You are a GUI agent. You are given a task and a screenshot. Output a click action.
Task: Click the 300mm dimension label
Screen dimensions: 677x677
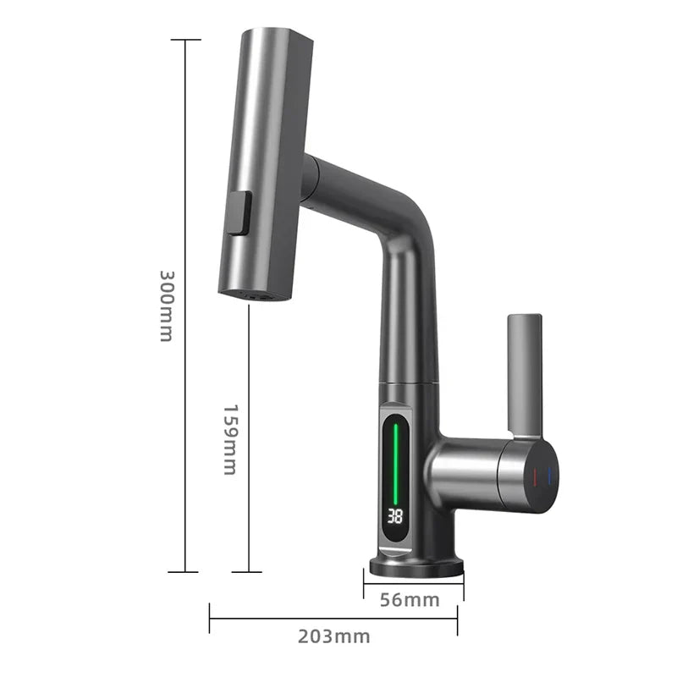pos(166,305)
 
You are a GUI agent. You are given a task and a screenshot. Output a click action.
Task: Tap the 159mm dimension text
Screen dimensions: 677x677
pos(229,438)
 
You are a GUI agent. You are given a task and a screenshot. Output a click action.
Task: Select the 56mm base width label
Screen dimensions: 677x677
pos(410,600)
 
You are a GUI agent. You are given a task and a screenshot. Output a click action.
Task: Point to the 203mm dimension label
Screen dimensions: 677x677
pos(333,636)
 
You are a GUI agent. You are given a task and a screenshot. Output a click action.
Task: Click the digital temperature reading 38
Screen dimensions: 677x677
pos(394,515)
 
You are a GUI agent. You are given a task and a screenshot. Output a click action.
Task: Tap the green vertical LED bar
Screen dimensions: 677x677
pos(394,457)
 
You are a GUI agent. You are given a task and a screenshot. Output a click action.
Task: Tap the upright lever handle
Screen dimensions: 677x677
pos(524,372)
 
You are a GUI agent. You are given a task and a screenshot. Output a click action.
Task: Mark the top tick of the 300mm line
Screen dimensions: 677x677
pos(184,40)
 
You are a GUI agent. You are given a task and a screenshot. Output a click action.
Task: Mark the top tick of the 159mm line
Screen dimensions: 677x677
pos(248,306)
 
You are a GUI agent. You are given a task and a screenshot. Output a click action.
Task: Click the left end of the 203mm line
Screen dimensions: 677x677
pos(210,619)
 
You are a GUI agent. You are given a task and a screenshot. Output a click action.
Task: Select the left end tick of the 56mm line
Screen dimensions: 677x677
pos(364,583)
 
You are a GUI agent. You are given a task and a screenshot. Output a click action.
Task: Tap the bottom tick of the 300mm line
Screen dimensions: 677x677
pos(184,572)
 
